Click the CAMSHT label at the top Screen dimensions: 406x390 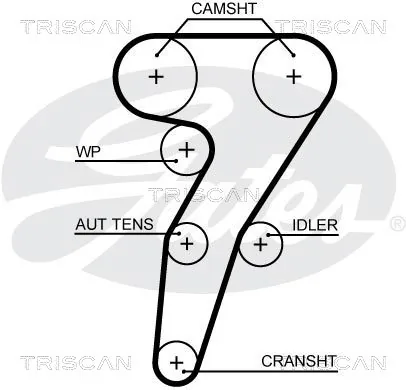point(224,8)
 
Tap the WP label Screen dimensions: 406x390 point(88,152)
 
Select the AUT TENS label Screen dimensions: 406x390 point(114,224)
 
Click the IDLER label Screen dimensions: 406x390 point(315,225)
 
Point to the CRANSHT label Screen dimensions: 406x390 point(299,361)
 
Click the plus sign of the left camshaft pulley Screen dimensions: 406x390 point(156,77)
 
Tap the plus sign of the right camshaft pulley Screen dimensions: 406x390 point(294,77)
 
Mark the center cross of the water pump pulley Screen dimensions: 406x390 point(187,150)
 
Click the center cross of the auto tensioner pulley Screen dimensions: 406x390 point(187,244)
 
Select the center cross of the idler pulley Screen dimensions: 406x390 point(260,245)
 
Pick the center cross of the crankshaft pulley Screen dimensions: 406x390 point(176,362)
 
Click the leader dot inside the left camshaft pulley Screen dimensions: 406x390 point(157,55)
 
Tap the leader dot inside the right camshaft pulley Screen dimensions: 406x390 point(294,55)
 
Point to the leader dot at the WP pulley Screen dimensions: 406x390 point(176,161)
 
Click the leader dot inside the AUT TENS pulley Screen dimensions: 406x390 point(179,233)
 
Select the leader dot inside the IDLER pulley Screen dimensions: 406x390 point(268,235)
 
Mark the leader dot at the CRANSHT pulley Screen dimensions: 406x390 point(184,371)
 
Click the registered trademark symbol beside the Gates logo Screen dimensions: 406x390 point(397,224)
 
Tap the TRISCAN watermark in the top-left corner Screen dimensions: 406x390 point(76,27)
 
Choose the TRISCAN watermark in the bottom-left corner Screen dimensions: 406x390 point(76,363)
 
